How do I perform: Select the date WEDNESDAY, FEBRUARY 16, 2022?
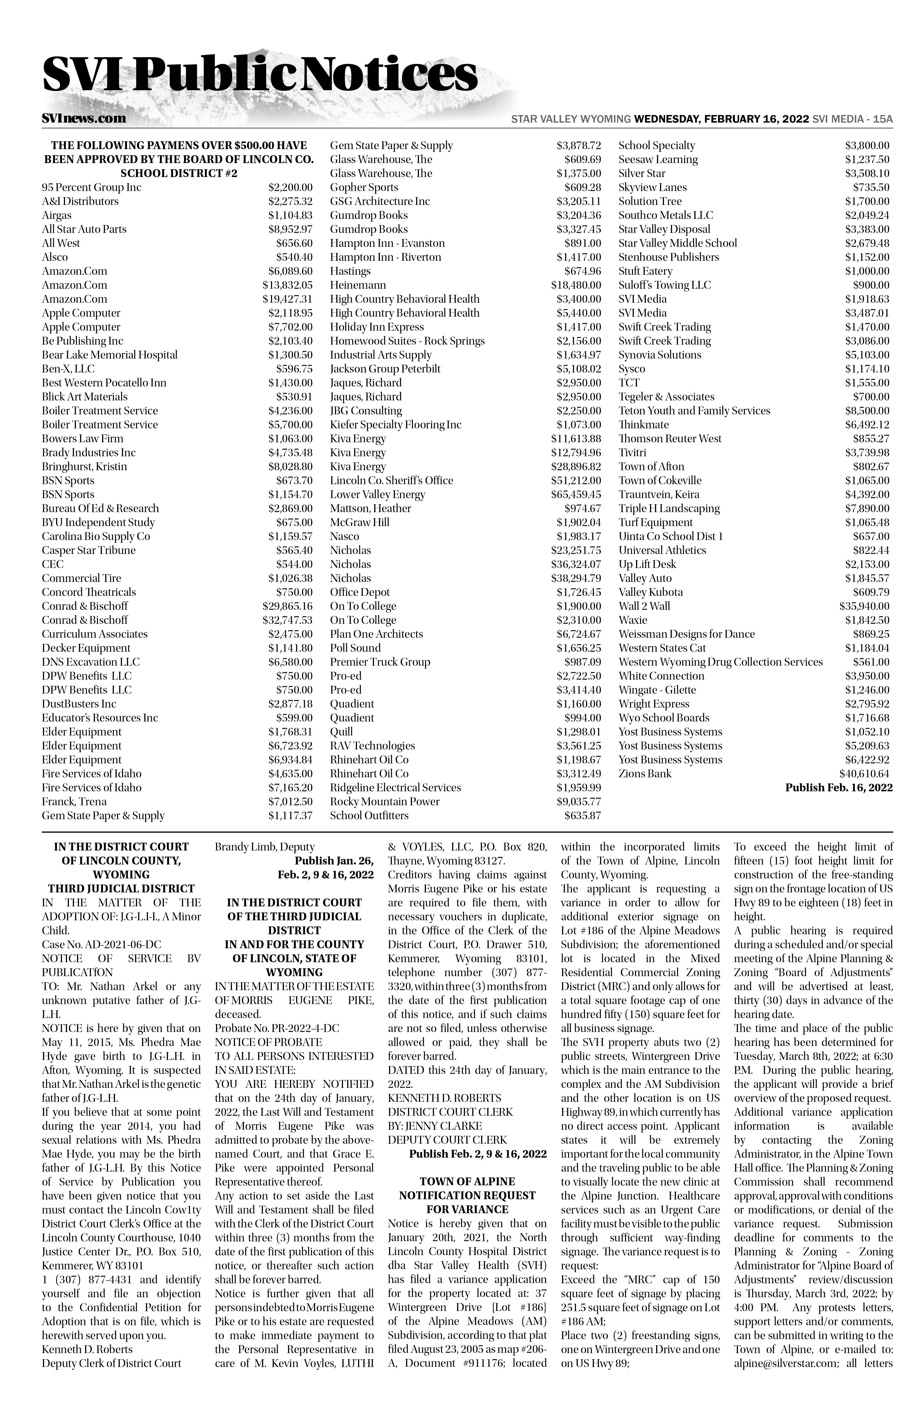click(x=721, y=119)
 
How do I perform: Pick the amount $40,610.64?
click(x=864, y=774)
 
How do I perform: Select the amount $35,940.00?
click(x=864, y=606)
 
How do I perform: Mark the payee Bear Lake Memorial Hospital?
click(x=109, y=355)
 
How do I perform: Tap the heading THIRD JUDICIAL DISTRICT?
click(x=121, y=888)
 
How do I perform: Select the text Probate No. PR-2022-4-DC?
click(x=277, y=1028)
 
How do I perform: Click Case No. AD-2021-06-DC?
click(x=102, y=944)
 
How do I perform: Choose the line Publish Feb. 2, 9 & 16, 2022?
click(x=478, y=1153)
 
